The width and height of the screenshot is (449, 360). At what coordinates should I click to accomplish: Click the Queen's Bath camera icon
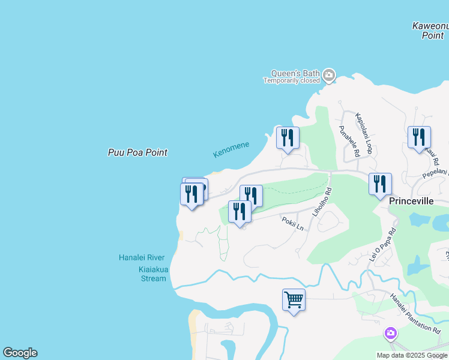coord(328,76)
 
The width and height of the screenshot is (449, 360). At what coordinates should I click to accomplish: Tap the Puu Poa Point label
coord(137,152)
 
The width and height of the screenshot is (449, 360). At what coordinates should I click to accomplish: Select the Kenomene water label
coord(231,150)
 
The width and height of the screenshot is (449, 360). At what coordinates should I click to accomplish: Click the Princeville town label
coord(411,201)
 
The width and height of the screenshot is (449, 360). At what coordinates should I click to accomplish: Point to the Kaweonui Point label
coord(430,31)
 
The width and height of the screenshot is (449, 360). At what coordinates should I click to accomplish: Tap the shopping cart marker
coord(294,299)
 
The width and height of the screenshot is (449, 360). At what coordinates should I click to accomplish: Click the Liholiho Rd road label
coord(322,202)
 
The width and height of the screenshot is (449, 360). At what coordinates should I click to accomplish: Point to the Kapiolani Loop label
coord(364,133)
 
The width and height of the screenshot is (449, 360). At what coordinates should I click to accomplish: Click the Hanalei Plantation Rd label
coord(414,313)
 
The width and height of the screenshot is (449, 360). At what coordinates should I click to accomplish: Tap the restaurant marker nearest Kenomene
coord(288,137)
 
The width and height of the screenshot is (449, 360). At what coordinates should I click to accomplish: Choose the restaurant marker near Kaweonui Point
coord(419,137)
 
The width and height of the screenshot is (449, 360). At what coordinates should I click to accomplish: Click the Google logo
coord(20,353)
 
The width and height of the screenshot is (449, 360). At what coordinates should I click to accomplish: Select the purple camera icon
coord(391,332)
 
